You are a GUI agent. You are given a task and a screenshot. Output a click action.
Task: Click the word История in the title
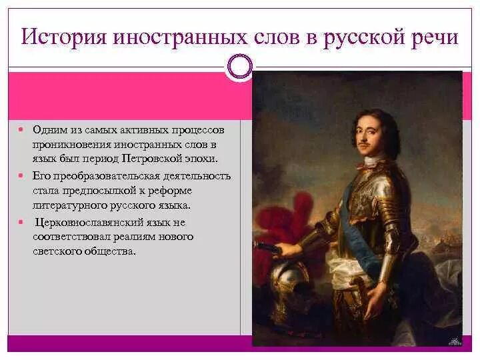(60, 36)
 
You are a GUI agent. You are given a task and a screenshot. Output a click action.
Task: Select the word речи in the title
(434, 36)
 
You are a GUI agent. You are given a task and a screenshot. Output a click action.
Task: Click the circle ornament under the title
(240, 67)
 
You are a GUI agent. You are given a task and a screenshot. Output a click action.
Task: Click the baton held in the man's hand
(267, 248)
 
